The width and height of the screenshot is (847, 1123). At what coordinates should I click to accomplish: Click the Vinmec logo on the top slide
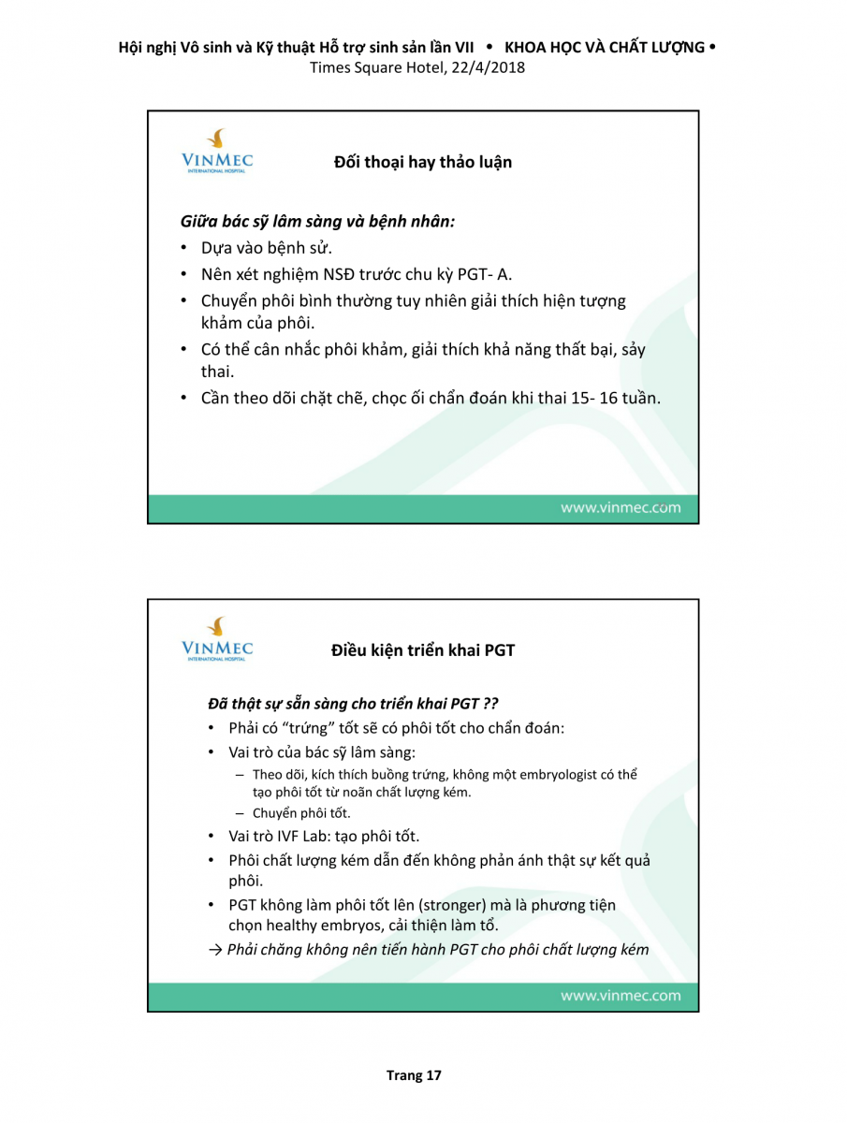217,152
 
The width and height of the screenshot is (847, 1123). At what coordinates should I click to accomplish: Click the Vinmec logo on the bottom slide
217,639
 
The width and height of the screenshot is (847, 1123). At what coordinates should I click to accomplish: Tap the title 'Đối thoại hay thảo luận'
422,162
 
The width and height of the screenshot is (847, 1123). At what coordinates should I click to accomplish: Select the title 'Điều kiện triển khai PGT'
423,650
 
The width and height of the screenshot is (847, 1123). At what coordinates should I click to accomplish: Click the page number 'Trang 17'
414,1075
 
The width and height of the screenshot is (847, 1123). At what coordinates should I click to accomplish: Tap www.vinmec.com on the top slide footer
621,508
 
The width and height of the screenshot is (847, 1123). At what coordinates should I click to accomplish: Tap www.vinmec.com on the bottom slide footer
621,996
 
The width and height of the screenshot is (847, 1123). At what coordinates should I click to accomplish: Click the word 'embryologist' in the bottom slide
571,775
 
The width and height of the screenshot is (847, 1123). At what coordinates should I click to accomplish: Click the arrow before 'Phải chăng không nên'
214,950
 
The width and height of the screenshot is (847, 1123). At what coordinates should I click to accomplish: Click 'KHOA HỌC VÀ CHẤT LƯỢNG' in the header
604,47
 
